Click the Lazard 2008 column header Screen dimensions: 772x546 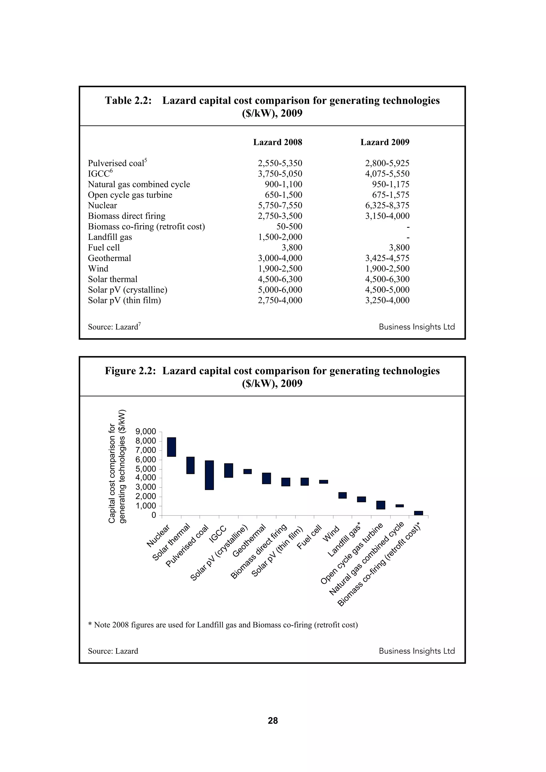[278, 142]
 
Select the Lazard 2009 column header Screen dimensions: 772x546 [385, 142]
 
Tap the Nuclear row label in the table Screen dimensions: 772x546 [102, 205]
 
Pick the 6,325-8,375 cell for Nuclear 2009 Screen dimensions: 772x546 [387, 205]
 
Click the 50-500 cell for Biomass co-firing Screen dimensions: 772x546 [289, 227]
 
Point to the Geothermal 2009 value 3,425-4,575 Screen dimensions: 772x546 [387, 258]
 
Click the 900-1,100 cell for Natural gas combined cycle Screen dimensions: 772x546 [283, 184]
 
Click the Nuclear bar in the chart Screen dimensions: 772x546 [172, 447]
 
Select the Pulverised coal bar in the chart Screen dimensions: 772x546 [209, 475]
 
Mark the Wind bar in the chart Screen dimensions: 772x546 [343, 495]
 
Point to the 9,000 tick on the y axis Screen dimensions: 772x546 [145, 431]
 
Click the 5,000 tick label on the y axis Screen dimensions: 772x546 [145, 469]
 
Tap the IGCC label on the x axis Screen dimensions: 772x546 [217, 534]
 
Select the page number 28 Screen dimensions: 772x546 [273, 721]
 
